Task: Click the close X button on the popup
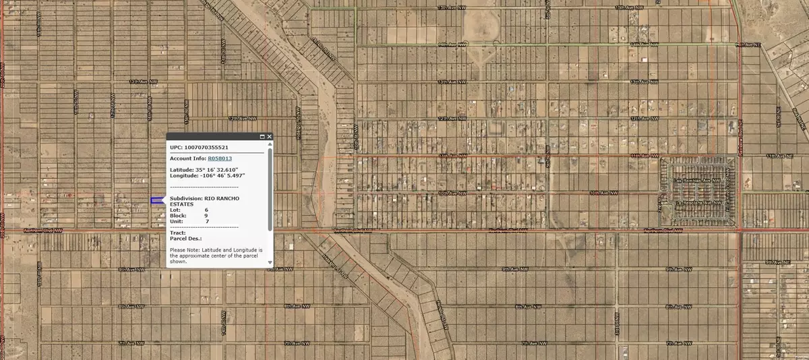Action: point(270,137)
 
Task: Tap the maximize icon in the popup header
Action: point(262,137)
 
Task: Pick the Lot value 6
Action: point(206,210)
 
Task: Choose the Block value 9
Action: point(206,215)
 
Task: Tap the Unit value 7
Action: point(207,221)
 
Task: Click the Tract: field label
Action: point(177,233)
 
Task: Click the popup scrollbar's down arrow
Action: point(270,263)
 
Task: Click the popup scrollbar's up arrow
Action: point(270,144)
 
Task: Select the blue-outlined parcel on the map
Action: point(156,200)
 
